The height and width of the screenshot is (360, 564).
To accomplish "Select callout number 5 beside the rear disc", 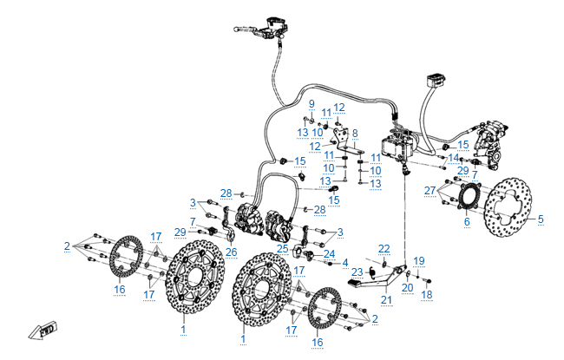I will tap(541, 219).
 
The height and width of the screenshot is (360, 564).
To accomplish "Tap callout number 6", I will tap(465, 222).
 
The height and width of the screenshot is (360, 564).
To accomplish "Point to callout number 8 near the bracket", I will tap(354, 133).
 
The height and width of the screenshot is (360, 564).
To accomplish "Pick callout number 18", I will tap(426, 295).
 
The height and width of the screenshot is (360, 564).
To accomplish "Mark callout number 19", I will tap(419, 260).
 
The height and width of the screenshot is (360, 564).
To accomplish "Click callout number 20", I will tap(407, 287).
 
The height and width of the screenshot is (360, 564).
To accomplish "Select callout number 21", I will tap(387, 300).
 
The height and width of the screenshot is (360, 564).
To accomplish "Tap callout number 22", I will tap(384, 248).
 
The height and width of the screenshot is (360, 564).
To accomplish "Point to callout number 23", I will tap(357, 272).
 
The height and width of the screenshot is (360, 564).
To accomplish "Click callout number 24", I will tap(329, 253).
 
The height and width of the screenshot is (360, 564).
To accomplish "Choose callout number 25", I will tap(283, 248).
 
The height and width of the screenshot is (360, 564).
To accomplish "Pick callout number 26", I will tap(231, 252).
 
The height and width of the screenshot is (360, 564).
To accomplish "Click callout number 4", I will tap(345, 262).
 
